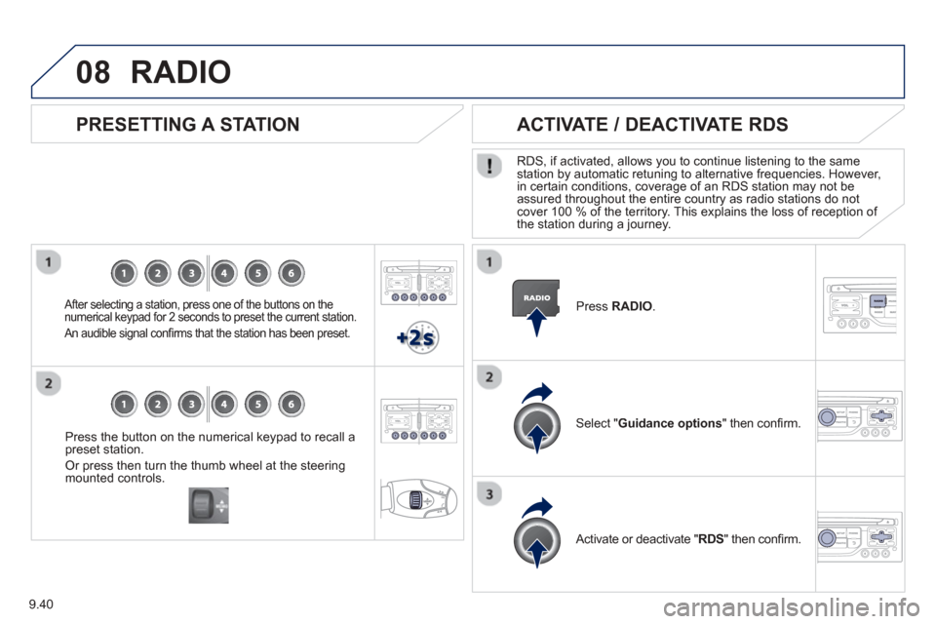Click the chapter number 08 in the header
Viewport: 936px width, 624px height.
point(94,72)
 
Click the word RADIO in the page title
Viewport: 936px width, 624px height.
point(181,72)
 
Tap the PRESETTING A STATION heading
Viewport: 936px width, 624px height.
point(187,124)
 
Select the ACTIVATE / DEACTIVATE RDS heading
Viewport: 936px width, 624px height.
point(652,124)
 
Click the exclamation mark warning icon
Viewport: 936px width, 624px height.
point(488,166)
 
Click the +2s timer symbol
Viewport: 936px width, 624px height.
point(418,338)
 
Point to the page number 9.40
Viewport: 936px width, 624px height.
point(41,604)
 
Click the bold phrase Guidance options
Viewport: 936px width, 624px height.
point(670,423)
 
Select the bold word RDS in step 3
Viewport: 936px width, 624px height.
point(711,539)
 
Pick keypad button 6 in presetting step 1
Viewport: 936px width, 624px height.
point(292,273)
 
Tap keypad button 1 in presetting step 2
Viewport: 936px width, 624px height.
point(124,405)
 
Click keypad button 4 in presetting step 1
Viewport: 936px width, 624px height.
point(224,273)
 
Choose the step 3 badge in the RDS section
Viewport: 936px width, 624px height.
point(489,494)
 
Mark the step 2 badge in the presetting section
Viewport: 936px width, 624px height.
point(49,383)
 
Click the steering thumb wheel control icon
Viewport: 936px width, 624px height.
point(209,505)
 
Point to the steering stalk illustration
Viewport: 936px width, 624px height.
point(419,499)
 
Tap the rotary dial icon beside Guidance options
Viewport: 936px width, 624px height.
point(536,418)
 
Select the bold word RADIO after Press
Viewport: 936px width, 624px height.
point(632,306)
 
